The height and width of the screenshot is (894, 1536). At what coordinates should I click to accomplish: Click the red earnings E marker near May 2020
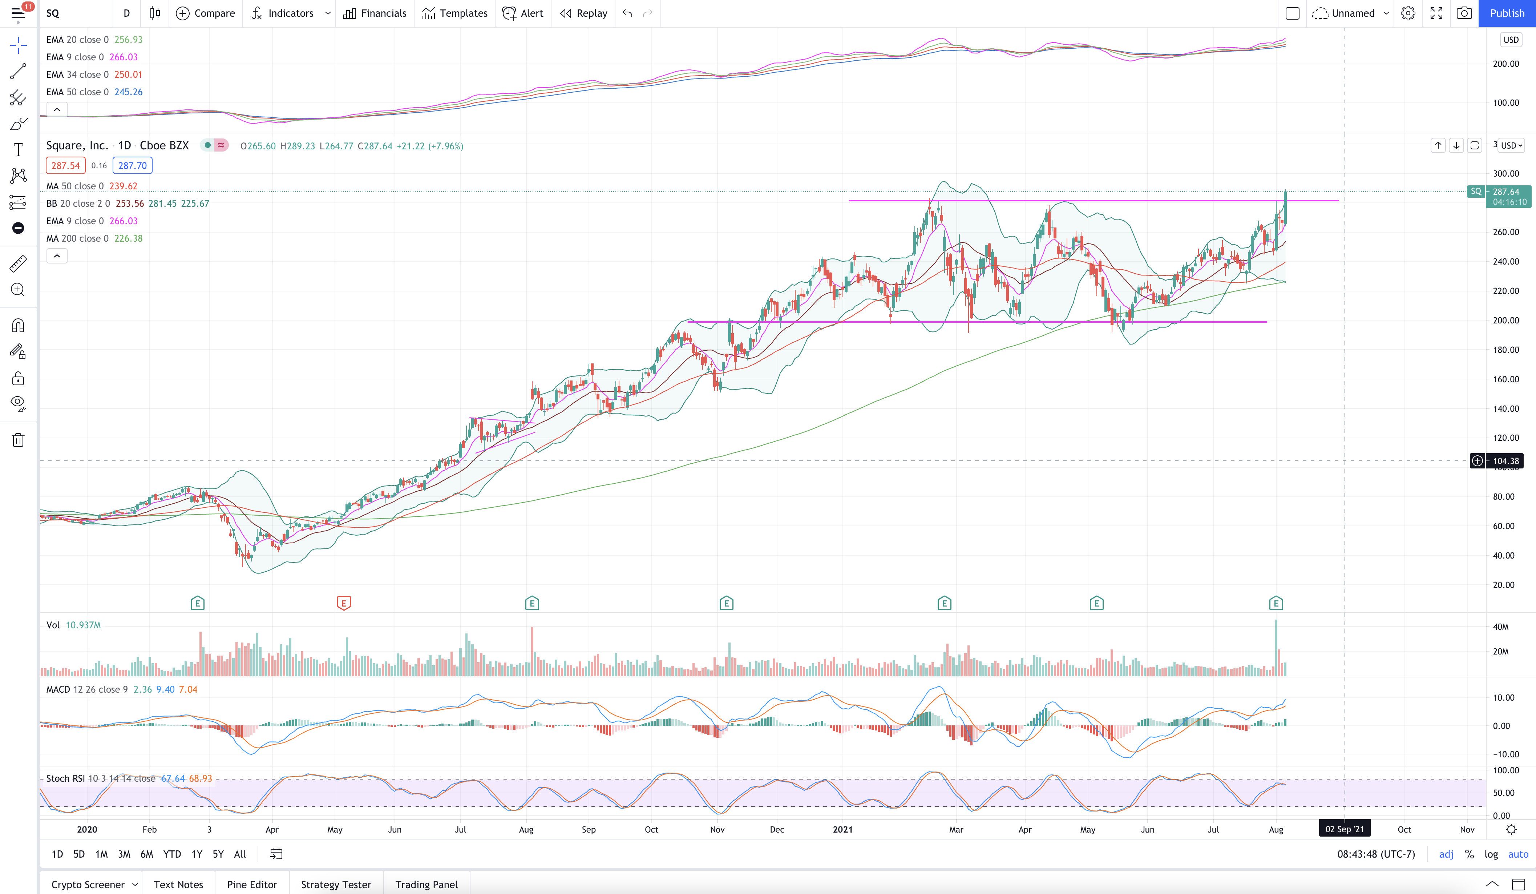(x=344, y=603)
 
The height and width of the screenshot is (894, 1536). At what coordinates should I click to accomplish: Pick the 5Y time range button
(x=218, y=854)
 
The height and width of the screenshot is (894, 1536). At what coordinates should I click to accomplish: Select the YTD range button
(x=172, y=854)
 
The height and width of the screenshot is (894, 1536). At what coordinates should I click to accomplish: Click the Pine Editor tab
(x=252, y=884)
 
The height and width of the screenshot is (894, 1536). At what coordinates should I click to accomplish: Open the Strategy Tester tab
(x=336, y=884)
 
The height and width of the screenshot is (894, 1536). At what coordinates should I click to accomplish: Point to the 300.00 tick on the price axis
(x=1505, y=173)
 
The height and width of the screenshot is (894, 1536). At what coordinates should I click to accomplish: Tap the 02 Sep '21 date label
(x=1345, y=829)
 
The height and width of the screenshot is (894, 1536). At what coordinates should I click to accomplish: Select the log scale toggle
(x=1491, y=854)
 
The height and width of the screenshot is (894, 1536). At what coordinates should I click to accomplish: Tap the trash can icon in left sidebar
(x=18, y=440)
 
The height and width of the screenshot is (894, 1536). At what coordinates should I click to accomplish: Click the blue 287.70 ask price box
(x=132, y=165)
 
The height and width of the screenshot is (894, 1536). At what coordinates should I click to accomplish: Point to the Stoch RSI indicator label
(x=65, y=778)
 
